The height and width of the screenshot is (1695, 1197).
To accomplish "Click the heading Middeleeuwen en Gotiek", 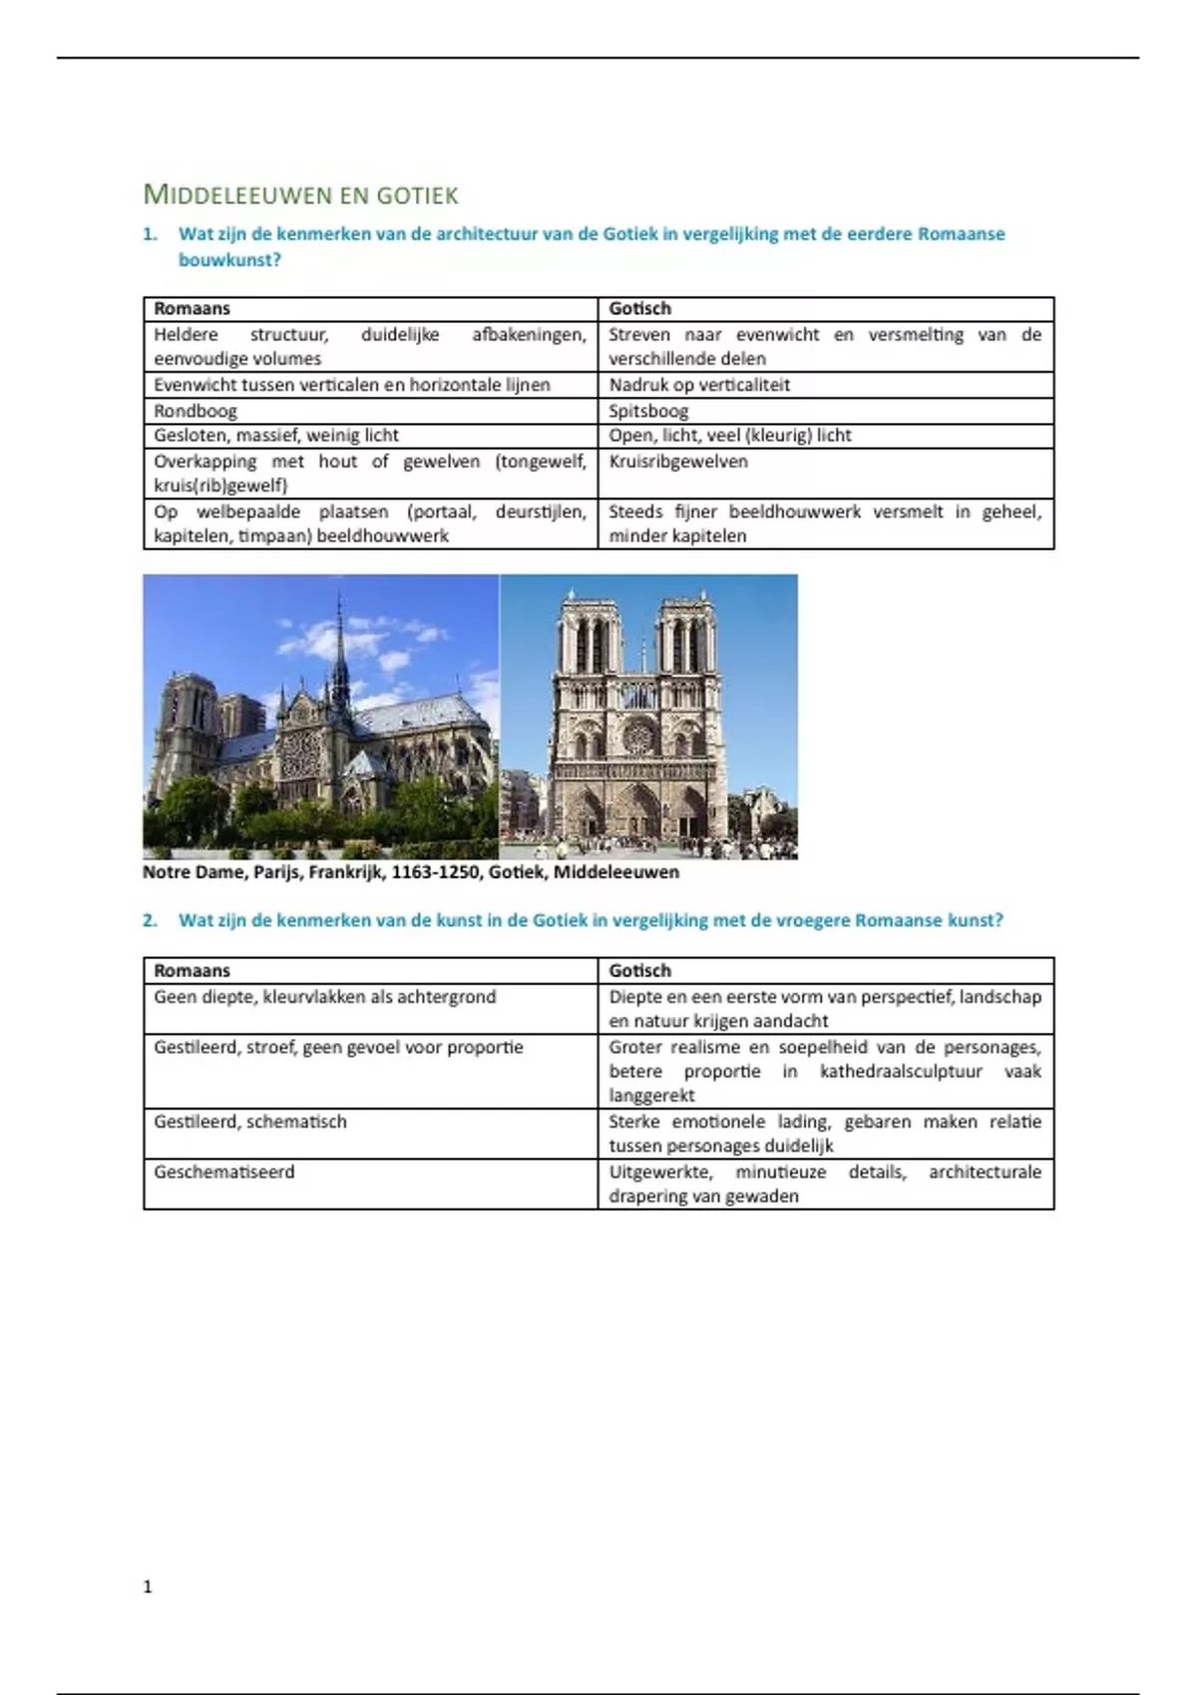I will (300, 194).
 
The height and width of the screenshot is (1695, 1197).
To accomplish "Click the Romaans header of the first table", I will (193, 309).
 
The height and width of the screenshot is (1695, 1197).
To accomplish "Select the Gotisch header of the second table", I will (640, 971).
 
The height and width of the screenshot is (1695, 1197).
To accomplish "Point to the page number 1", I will (149, 1586).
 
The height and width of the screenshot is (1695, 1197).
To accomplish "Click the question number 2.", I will (150, 920).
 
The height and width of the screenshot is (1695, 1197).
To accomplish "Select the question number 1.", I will (150, 234).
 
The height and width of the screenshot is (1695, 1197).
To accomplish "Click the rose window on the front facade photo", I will (638, 737).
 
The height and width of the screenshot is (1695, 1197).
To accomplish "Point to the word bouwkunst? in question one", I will (229, 260).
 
